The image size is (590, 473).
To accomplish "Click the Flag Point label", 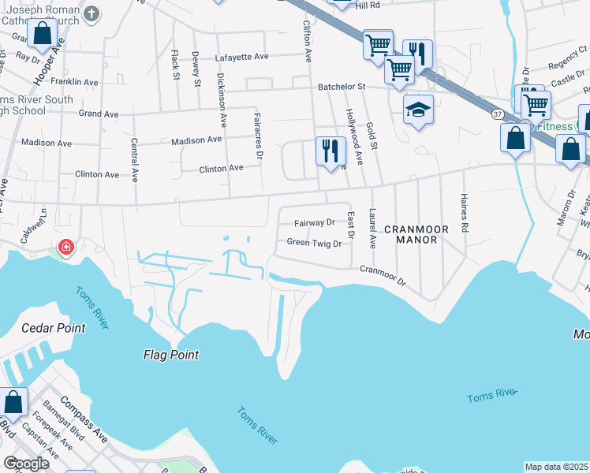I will (170, 355).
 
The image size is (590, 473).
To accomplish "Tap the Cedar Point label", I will (53, 328).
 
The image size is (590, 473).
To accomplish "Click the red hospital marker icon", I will (65, 248).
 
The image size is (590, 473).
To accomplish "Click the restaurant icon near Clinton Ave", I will (331, 150).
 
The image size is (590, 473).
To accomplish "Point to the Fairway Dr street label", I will (314, 223).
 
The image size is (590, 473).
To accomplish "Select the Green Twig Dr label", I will (314, 244).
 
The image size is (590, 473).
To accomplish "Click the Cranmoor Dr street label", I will (382, 275).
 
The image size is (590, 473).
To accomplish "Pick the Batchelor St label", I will (342, 87).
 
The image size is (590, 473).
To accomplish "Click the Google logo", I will (28, 464).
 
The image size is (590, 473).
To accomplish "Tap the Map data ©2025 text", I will (557, 467).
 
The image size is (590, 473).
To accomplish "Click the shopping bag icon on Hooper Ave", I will (43, 34).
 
